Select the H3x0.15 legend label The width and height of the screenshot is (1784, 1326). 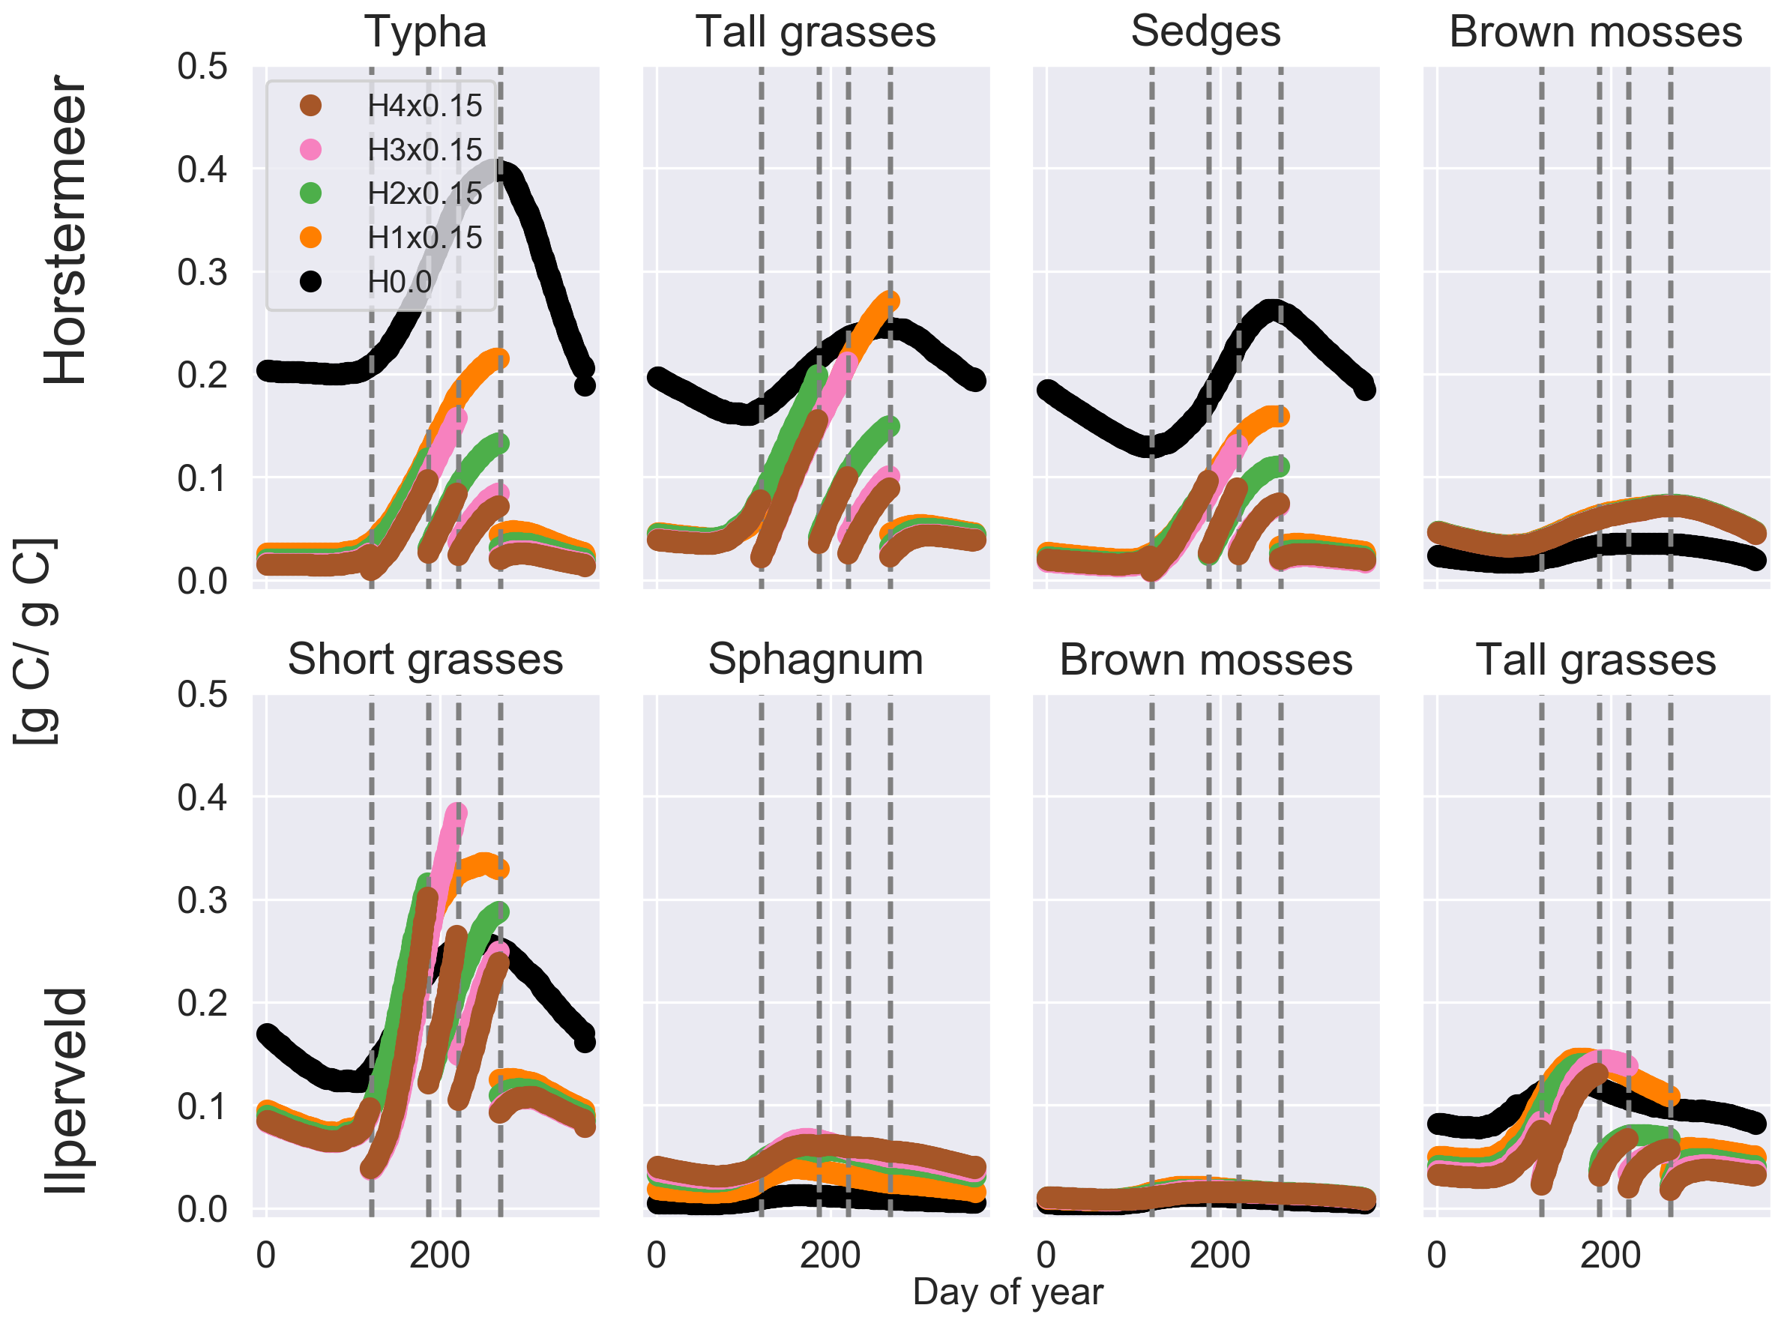[424, 149]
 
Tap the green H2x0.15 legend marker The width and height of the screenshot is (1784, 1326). [310, 193]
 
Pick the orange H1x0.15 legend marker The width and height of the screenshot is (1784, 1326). [310, 238]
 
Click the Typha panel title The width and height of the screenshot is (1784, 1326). [425, 32]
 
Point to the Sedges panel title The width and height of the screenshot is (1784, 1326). [1205, 32]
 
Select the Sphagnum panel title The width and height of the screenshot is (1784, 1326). [816, 660]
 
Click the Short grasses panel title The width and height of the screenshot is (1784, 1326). [425, 660]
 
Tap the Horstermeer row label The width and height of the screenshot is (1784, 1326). [66, 230]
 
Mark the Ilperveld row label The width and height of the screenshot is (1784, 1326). [66, 1091]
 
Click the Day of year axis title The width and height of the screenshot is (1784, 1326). [1008, 1292]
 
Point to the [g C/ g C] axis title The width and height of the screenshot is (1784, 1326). [36, 642]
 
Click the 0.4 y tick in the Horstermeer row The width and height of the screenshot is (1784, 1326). [202, 169]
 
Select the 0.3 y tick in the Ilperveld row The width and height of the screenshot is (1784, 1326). [202, 899]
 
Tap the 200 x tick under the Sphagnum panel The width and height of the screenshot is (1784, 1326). [830, 1255]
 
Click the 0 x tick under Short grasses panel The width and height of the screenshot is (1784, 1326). [265, 1255]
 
